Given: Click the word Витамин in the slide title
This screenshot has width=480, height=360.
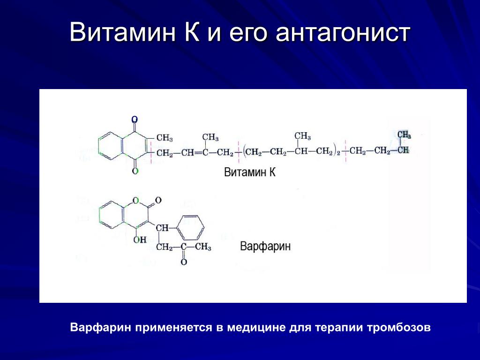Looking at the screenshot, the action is pyautogui.click(x=123, y=31).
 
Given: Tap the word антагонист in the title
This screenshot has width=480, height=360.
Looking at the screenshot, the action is pyautogui.click(x=343, y=32).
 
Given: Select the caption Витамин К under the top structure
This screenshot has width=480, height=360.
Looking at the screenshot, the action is pyautogui.click(x=250, y=172).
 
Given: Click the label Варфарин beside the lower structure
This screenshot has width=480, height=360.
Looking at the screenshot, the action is pyautogui.click(x=265, y=247).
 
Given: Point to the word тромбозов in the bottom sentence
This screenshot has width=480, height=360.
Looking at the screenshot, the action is pyautogui.click(x=398, y=327).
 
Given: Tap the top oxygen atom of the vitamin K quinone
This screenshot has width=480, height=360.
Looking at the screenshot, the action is pyautogui.click(x=135, y=120).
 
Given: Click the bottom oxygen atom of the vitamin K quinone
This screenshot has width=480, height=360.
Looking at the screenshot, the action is pyautogui.click(x=135, y=171).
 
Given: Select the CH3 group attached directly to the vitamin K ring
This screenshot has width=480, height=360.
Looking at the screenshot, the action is pyautogui.click(x=165, y=138).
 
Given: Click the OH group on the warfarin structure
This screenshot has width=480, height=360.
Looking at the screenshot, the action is pyautogui.click(x=140, y=240).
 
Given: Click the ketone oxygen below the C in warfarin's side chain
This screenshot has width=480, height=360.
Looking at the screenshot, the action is pyautogui.click(x=184, y=262).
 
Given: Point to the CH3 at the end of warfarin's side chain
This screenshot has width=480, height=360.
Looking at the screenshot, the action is pyautogui.click(x=203, y=247).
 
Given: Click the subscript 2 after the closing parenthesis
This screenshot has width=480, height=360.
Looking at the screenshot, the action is pyautogui.click(x=338, y=153).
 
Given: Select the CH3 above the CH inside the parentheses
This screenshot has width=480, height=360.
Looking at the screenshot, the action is pyautogui.click(x=302, y=136).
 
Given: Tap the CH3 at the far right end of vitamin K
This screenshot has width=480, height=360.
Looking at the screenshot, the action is pyautogui.click(x=404, y=135).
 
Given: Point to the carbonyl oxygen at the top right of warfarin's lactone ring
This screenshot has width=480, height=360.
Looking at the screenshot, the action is pyautogui.click(x=158, y=201).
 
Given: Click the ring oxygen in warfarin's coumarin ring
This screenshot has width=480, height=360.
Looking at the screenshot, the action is pyautogui.click(x=136, y=201).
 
